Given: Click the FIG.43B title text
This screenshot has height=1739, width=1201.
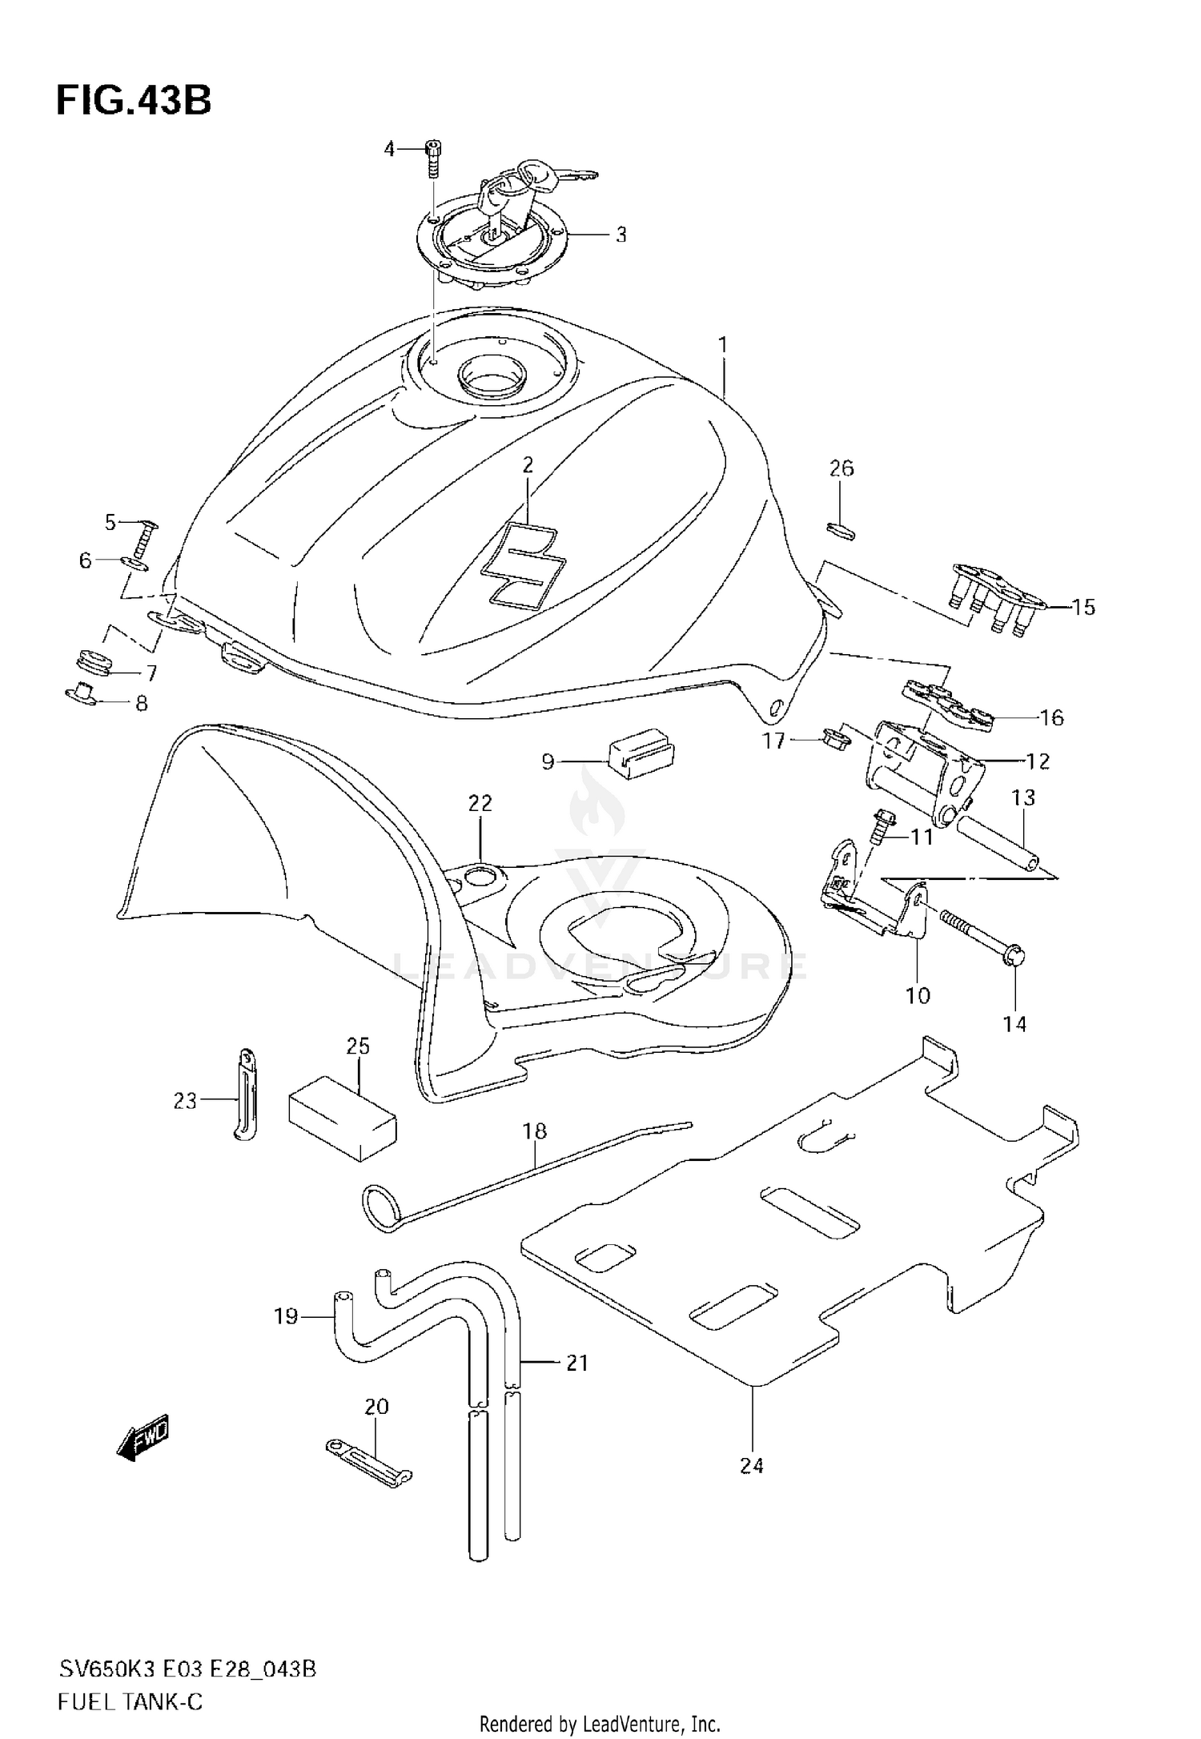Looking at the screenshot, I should click(x=134, y=102).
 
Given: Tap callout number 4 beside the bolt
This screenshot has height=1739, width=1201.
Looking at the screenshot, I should click(x=390, y=149).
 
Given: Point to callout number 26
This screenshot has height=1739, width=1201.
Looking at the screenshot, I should click(x=841, y=468).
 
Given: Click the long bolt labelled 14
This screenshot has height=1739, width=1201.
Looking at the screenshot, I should click(x=981, y=934).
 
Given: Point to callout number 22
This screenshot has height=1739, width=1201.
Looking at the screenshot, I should click(x=480, y=803).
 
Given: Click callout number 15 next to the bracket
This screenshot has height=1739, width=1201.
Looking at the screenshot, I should click(x=1083, y=607).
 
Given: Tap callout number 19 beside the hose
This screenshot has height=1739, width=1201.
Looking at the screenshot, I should click(x=286, y=1315).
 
